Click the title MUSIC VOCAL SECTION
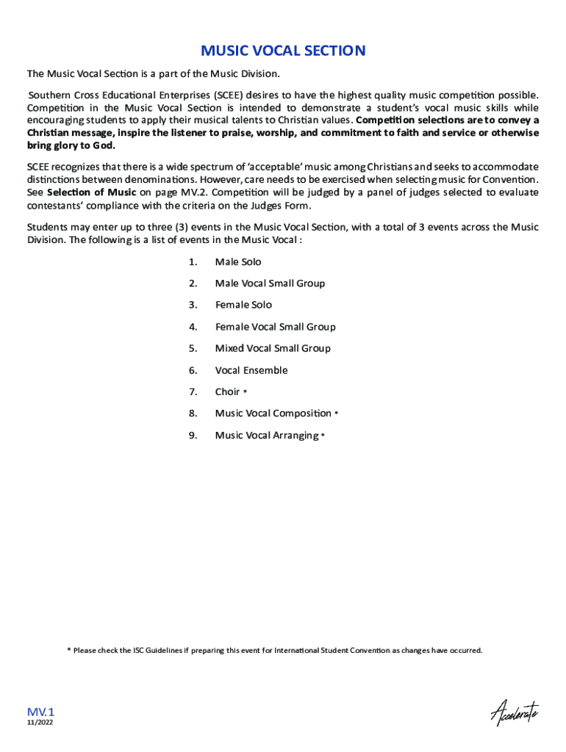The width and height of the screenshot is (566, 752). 283,51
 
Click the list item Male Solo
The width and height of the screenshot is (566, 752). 237,262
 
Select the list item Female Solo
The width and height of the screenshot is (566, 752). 243,305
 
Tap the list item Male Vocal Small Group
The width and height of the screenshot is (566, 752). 270,283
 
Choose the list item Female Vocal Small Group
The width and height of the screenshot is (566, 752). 275,327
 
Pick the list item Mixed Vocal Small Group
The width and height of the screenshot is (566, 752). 273,348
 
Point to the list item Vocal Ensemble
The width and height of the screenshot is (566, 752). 251,370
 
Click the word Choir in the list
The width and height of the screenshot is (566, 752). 227,391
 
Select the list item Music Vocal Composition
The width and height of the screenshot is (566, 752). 273,413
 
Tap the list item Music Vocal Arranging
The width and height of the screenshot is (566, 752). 266,435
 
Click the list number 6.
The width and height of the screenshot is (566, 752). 193,370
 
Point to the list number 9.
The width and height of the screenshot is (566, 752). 193,435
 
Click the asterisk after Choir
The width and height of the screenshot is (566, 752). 245,392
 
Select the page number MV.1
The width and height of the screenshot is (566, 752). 41,712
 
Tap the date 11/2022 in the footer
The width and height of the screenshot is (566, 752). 40,723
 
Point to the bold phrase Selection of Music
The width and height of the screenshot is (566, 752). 92,192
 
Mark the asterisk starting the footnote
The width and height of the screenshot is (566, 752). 69,650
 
